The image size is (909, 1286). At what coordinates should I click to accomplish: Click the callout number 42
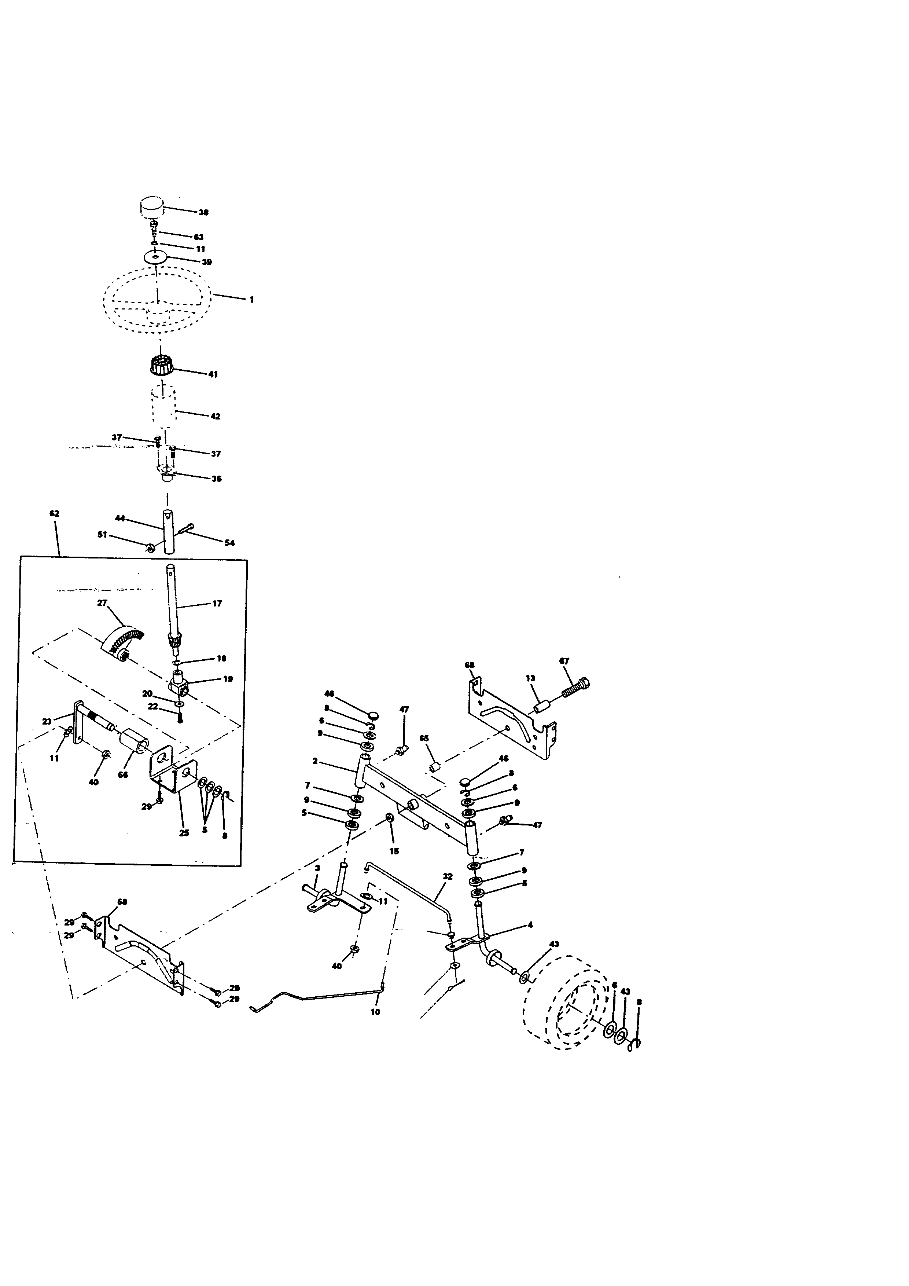tap(216, 416)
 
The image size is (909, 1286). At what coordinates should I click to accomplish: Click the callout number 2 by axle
tap(315, 761)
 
